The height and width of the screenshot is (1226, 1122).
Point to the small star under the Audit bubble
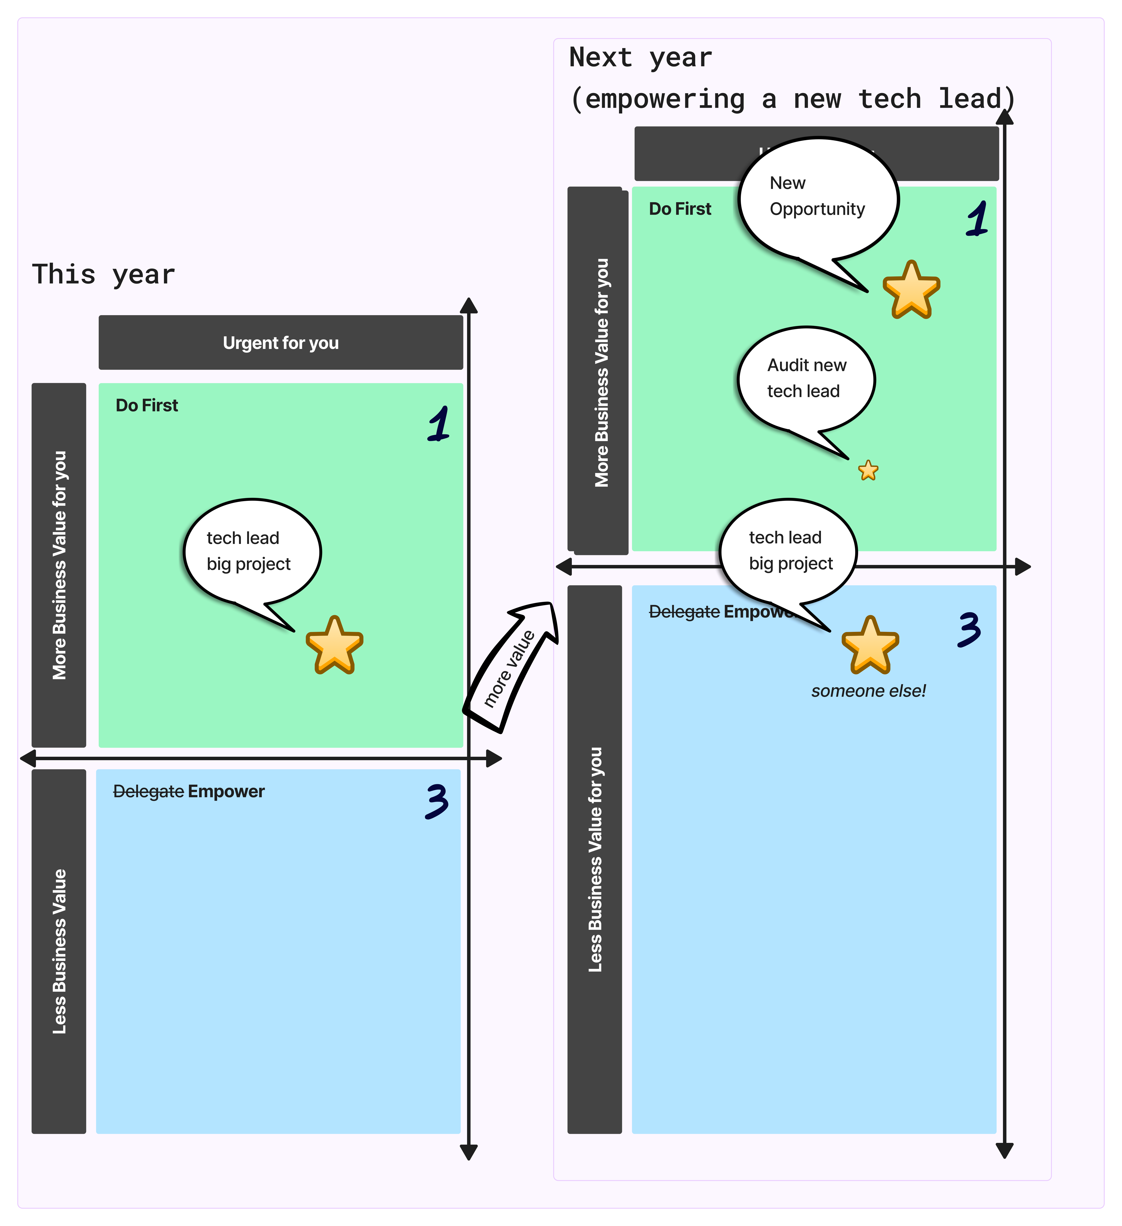pyautogui.click(x=868, y=470)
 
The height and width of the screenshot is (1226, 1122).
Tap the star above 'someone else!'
pyautogui.click(x=870, y=645)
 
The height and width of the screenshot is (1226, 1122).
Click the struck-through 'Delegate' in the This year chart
pyautogui.click(x=148, y=791)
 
